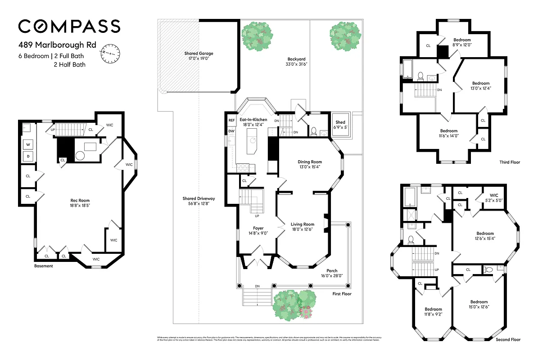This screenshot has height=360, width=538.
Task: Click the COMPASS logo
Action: (x=69, y=26)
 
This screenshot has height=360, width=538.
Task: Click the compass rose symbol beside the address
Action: (x=110, y=53)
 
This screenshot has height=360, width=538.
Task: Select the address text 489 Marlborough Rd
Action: (x=57, y=45)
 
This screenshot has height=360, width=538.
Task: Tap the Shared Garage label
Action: (x=199, y=56)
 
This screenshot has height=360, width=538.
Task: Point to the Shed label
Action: (x=340, y=125)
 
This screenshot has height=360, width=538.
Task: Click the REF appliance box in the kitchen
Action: (x=231, y=120)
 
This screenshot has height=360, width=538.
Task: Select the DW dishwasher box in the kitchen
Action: (x=231, y=131)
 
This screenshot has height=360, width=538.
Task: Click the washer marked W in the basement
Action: (x=28, y=145)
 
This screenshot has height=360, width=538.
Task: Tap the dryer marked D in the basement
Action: (x=28, y=156)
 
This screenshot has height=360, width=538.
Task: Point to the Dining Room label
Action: (x=310, y=164)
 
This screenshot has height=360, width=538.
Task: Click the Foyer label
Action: (x=258, y=231)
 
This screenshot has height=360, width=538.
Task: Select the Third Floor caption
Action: (x=510, y=162)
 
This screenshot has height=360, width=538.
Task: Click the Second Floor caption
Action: (x=508, y=340)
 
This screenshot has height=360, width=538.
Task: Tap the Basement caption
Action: (x=44, y=266)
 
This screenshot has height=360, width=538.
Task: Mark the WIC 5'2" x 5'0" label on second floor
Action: (x=491, y=198)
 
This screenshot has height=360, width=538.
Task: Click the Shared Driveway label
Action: (x=199, y=201)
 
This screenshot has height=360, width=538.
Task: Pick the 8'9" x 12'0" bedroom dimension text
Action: (x=462, y=45)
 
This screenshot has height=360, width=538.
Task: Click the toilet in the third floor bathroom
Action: (x=421, y=75)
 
